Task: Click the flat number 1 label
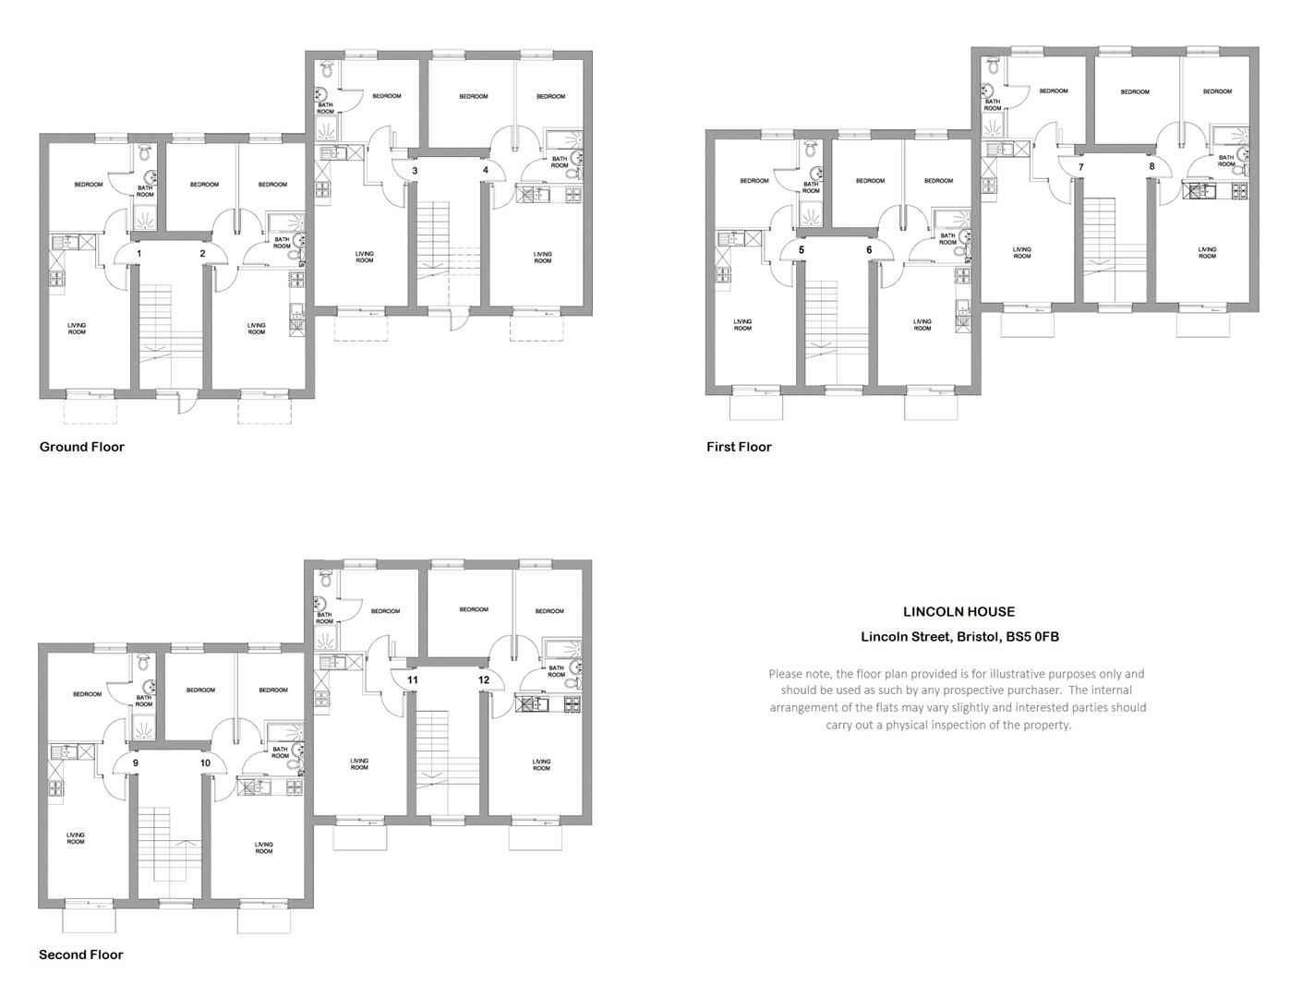click(139, 254)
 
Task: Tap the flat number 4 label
click(486, 170)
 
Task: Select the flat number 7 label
click(1081, 167)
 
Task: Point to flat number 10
click(206, 763)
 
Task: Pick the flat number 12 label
click(484, 679)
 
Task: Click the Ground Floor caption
click(82, 447)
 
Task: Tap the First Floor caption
click(739, 447)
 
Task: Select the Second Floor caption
click(81, 955)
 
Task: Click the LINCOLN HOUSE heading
click(958, 611)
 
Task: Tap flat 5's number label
click(802, 249)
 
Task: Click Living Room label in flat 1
click(77, 329)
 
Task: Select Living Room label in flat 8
click(1207, 253)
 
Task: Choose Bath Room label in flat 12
click(556, 671)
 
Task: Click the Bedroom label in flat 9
click(88, 694)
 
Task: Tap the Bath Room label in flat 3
click(325, 108)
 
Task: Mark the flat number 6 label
click(870, 249)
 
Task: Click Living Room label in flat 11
click(359, 764)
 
